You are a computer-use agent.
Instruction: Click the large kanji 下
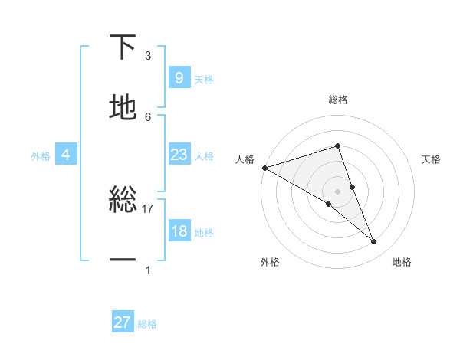tap(123, 48)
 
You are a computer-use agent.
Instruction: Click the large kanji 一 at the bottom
tap(123, 260)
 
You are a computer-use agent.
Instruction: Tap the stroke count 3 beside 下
tap(148, 56)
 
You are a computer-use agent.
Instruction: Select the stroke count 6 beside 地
tap(148, 116)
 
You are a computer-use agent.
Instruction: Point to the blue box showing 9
tap(179, 77)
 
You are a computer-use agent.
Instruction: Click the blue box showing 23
tap(179, 155)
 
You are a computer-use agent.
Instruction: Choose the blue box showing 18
tap(179, 231)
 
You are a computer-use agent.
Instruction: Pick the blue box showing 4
tap(66, 155)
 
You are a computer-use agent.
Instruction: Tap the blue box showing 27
tap(123, 322)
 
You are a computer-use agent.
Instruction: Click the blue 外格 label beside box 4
tap(41, 155)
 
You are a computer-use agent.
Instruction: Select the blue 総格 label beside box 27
tap(147, 324)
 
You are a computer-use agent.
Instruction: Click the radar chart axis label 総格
tap(338, 100)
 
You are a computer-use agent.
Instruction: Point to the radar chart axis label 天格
tap(431, 159)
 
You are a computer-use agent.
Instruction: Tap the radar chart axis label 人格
tap(245, 159)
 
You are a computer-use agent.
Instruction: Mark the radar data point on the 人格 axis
tap(264, 168)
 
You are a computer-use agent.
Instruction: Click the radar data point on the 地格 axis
tap(373, 241)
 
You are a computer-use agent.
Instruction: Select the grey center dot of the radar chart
tap(338, 191)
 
